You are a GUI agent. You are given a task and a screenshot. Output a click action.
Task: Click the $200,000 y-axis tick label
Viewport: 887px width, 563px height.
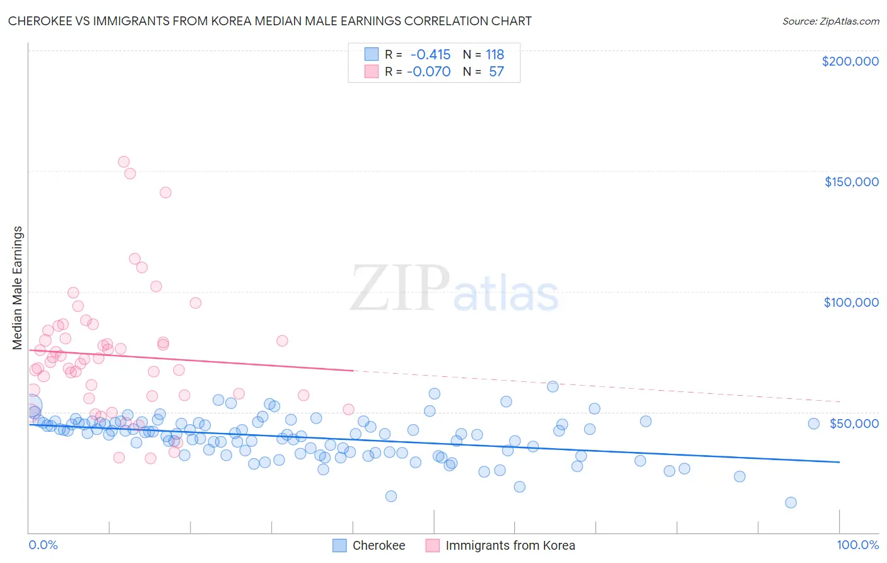(850, 61)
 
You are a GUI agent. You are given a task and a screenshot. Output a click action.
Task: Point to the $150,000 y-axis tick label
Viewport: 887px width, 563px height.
(851, 182)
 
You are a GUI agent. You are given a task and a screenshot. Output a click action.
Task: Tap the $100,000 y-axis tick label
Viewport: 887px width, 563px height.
(851, 302)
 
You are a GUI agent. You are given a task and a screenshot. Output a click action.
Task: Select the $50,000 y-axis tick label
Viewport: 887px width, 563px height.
(854, 423)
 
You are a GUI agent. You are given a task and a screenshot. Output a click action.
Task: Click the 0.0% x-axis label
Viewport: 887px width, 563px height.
(43, 545)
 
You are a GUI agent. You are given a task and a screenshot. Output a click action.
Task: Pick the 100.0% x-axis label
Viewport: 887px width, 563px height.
(857, 545)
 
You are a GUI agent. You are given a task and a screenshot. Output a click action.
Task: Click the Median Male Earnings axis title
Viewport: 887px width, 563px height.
(18, 288)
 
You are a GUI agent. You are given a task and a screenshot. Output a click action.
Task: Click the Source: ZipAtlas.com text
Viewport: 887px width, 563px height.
(830, 21)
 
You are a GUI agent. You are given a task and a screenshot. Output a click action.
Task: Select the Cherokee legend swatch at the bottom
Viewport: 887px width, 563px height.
(339, 545)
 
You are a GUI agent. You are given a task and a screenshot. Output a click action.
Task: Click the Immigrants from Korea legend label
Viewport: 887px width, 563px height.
(510, 545)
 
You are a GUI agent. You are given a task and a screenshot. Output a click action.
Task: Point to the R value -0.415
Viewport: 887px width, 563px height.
(430, 54)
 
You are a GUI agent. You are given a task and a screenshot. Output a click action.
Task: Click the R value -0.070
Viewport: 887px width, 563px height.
(429, 71)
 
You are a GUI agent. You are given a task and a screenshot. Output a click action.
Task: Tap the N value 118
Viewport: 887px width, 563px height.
(495, 54)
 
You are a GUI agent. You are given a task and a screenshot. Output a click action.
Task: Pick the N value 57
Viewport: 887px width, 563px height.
(496, 71)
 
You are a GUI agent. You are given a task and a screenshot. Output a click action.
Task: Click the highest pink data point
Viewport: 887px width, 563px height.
(124, 162)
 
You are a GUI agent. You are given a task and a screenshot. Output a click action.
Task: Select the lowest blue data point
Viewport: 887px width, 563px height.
(790, 502)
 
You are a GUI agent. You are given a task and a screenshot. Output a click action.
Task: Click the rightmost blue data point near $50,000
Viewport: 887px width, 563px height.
(814, 424)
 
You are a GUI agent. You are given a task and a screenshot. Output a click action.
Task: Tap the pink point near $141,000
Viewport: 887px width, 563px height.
(165, 193)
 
